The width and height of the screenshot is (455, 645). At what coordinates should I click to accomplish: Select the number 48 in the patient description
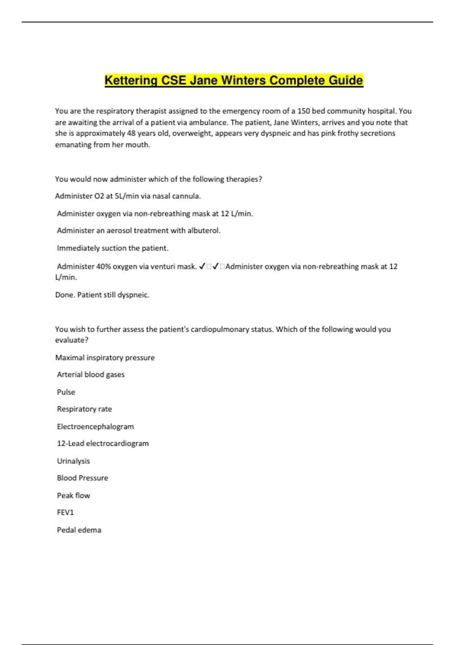(130, 133)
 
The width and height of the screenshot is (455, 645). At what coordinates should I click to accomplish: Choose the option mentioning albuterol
(138, 231)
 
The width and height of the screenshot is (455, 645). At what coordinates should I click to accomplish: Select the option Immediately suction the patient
(112, 248)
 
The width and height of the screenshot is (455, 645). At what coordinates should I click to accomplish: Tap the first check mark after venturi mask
(202, 266)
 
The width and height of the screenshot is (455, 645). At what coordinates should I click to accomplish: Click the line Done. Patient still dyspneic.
(102, 295)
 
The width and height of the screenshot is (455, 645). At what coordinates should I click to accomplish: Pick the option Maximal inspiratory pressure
(105, 357)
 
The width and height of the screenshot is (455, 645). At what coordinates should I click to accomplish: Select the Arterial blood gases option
(91, 374)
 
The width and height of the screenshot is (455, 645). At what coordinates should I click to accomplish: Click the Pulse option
(66, 392)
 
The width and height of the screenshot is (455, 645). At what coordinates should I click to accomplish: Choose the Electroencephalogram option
(95, 426)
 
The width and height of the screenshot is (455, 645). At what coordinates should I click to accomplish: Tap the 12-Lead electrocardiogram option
(103, 444)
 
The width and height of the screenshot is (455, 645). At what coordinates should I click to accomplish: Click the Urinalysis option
(73, 461)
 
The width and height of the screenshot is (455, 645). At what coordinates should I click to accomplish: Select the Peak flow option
(73, 496)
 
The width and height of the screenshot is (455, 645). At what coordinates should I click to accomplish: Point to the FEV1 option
(65, 513)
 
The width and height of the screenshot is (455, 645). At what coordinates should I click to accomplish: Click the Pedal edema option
(79, 530)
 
